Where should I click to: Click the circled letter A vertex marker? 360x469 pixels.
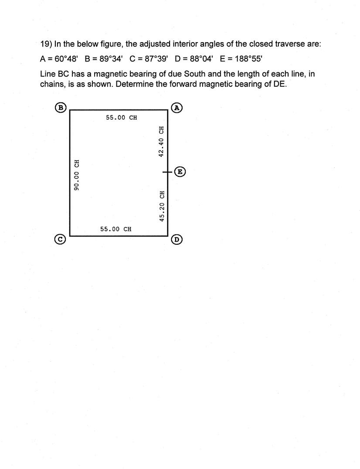(x=177, y=108)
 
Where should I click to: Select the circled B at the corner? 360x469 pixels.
(x=61, y=108)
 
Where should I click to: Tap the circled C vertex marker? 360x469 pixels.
(x=61, y=239)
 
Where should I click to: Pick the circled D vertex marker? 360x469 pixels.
(x=177, y=239)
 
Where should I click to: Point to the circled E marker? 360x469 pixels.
(x=180, y=172)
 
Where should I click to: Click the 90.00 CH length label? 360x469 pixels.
(x=77, y=175)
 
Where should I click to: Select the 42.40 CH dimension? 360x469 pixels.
(x=161, y=141)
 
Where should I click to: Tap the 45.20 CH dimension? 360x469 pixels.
(x=162, y=206)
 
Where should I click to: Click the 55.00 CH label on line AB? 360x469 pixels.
(x=121, y=118)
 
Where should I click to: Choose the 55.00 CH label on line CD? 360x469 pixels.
(x=115, y=229)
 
